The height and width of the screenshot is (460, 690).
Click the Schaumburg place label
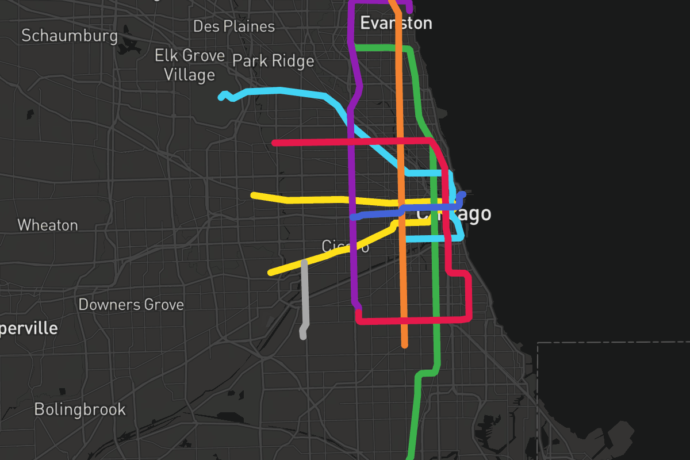(x=69, y=36)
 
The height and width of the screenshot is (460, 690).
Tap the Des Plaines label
(x=233, y=26)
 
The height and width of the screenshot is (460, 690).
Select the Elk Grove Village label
(x=189, y=65)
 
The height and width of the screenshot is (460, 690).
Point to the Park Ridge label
(x=273, y=61)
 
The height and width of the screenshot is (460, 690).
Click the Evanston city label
(x=396, y=23)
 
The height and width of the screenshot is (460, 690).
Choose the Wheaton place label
(x=48, y=225)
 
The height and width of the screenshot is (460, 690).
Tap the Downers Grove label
(x=131, y=304)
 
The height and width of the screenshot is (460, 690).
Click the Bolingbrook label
(x=80, y=409)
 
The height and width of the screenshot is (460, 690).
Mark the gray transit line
(x=304, y=299)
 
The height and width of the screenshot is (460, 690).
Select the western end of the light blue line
(x=221, y=97)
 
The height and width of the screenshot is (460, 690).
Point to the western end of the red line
(x=275, y=143)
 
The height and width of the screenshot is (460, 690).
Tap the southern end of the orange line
(x=405, y=345)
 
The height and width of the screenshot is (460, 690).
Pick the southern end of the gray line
(x=303, y=337)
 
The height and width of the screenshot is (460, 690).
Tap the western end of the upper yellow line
(x=254, y=195)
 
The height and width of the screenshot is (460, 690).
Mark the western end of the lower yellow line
(x=270, y=273)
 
